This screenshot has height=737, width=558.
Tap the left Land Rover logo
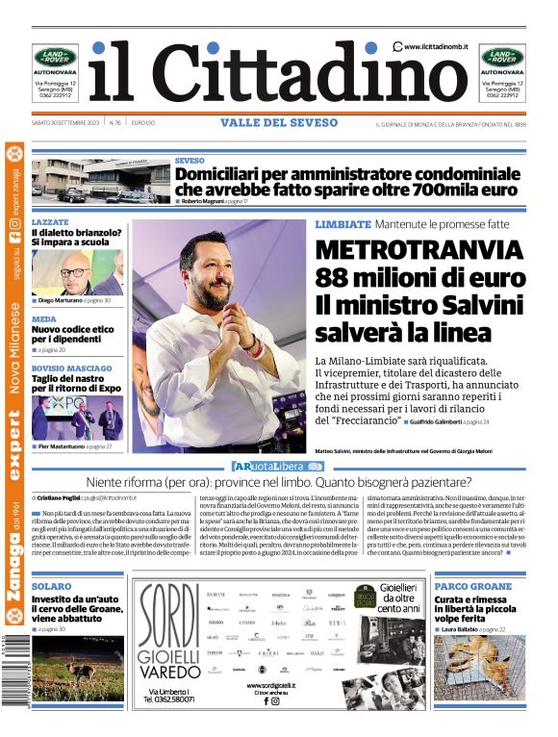click(x=55, y=58)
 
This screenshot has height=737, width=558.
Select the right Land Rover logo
click(x=503, y=58)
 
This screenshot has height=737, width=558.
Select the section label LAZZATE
click(x=50, y=222)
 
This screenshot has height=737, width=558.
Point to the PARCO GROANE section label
click(x=472, y=586)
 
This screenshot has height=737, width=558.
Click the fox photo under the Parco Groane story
click(x=478, y=667)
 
